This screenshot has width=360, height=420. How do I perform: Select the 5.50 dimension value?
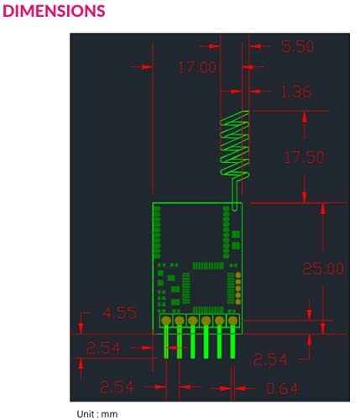click(297, 47)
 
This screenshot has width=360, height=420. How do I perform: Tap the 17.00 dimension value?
click(196, 66)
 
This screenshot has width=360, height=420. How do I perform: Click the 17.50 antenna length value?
click(303, 157)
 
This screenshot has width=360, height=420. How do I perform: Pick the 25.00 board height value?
click(323, 269)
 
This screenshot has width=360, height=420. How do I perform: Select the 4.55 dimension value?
click(123, 313)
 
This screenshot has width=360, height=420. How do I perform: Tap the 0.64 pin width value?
click(283, 388)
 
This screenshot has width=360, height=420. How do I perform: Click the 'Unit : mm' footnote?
click(97, 413)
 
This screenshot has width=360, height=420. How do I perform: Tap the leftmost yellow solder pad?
click(167, 320)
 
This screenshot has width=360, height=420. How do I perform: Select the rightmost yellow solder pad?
click(232, 320)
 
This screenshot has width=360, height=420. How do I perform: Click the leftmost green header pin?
click(167, 344)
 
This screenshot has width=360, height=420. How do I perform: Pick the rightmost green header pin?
click(232, 344)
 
